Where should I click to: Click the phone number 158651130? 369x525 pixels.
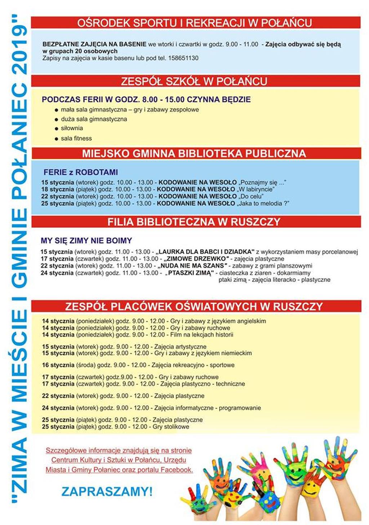(x=183, y=58)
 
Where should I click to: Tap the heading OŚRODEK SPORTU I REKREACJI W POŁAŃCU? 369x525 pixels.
(x=195, y=23)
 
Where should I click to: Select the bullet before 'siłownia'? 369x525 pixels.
(x=57, y=129)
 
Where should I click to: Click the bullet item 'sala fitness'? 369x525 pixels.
(x=76, y=138)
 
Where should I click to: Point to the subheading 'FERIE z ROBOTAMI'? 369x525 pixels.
(x=81, y=172)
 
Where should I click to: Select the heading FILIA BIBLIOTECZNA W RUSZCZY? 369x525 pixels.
(x=194, y=222)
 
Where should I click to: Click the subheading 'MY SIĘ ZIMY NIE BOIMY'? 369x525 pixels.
(x=86, y=240)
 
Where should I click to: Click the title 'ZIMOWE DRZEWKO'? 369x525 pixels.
(x=196, y=259)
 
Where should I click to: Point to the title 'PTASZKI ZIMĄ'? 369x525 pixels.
(x=190, y=273)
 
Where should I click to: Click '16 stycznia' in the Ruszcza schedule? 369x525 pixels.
(x=58, y=365)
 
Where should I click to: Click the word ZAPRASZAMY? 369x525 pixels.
(x=107, y=491)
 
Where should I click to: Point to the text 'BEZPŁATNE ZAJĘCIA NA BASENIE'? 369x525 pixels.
(x=94, y=44)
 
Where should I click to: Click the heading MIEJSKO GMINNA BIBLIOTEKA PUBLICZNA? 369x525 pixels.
(x=194, y=153)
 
